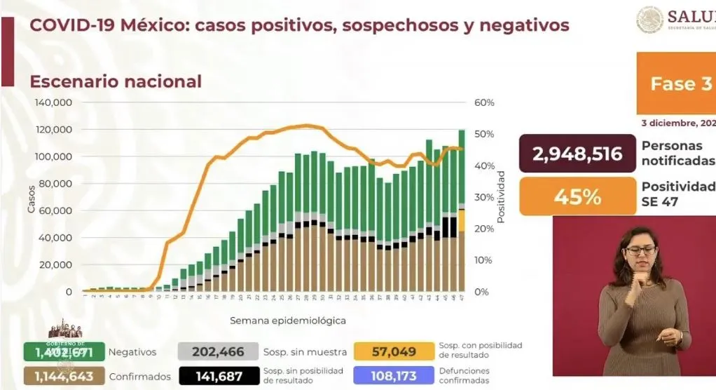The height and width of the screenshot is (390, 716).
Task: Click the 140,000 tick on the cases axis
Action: click(54, 102)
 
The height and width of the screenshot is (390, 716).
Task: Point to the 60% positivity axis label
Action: click(484, 102)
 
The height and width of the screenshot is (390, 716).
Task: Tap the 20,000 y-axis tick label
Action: click(57, 264)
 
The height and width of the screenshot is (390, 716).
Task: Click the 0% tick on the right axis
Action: click(481, 292)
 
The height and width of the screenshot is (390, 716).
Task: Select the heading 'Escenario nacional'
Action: click(115, 81)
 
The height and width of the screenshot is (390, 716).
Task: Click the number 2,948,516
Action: click(577, 154)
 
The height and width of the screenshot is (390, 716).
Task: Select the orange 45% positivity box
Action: click(577, 196)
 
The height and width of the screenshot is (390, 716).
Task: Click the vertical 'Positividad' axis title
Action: click(501, 196)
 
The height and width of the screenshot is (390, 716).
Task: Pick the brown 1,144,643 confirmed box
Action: click(64, 376)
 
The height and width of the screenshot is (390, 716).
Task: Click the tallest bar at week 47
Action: click(462, 210)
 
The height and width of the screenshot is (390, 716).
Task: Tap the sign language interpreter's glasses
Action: click(640, 250)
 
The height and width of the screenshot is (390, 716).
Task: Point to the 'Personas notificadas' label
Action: click(677, 154)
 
